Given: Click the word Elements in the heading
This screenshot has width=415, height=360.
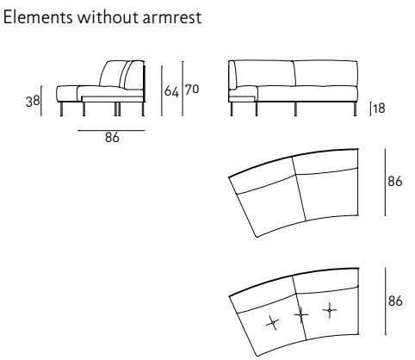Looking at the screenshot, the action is (38, 17).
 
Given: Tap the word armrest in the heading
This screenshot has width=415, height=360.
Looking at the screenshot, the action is (172, 18).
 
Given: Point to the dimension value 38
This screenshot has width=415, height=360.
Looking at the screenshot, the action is (33, 102).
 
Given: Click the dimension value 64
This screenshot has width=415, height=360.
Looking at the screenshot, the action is (171, 91).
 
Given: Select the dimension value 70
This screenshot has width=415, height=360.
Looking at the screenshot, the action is (192, 90).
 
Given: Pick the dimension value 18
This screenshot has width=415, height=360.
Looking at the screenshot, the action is (379, 109).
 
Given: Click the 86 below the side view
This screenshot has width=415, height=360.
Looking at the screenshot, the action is (112, 138).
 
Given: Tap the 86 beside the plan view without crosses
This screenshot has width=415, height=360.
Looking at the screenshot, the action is (395, 182).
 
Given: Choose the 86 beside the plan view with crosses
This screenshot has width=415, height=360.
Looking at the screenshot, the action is (395, 301).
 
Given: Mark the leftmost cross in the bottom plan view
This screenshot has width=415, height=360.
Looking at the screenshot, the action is (272, 323).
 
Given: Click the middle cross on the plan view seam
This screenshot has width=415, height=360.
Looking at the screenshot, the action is (300, 314).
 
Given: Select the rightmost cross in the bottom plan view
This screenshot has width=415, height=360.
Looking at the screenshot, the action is (330, 310).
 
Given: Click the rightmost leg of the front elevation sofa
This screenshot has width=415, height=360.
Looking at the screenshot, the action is (356, 109).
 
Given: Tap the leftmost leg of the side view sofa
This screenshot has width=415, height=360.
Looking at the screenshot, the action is (62, 109).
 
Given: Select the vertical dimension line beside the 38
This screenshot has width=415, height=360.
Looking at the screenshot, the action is (41, 101).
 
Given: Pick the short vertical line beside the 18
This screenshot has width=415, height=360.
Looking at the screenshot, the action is (370, 109).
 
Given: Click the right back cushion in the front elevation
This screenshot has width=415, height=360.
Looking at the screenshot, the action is (326, 73).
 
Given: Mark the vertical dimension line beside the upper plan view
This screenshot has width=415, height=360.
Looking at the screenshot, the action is (385, 183).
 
